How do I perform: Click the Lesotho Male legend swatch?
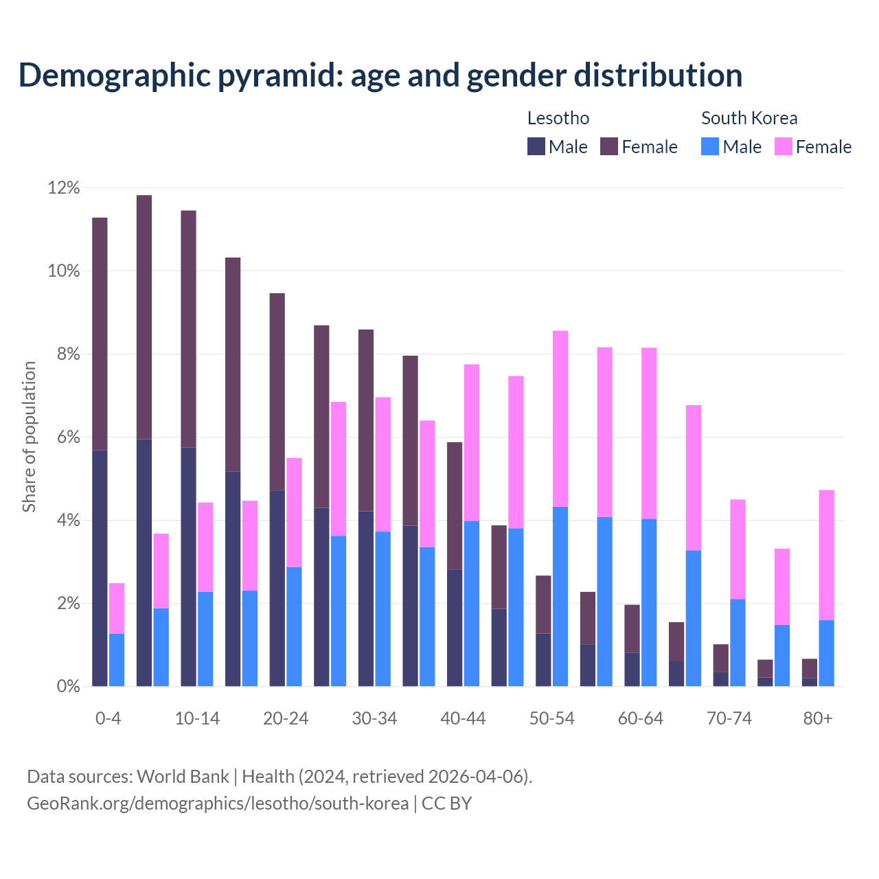(536, 146)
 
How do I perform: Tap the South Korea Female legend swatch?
(783, 146)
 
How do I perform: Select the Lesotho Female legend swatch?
(609, 146)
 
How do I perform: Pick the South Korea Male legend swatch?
(710, 146)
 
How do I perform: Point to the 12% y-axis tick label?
(64, 187)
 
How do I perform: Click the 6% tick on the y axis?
(68, 437)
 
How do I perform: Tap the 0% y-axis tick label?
(68, 687)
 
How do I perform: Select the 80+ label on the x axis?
(818, 719)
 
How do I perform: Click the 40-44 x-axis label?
(463, 719)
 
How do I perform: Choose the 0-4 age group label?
(108, 719)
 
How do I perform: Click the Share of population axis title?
(29, 437)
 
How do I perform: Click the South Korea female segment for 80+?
(827, 555)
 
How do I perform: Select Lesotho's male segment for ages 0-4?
(100, 568)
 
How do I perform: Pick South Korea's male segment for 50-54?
(560, 596)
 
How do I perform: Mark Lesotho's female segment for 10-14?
(188, 329)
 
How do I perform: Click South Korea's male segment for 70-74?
(738, 642)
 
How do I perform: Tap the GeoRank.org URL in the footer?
(218, 803)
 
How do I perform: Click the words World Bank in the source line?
(183, 777)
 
